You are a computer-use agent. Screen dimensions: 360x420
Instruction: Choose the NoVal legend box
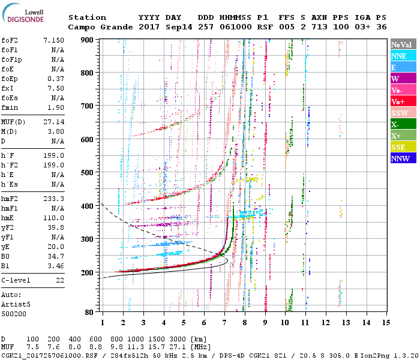coord(403,44)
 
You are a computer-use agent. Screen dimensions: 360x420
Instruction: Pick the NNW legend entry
coord(403,158)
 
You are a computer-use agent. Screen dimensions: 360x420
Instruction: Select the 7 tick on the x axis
coord(224,322)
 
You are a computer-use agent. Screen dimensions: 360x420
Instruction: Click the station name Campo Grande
coord(96,27)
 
